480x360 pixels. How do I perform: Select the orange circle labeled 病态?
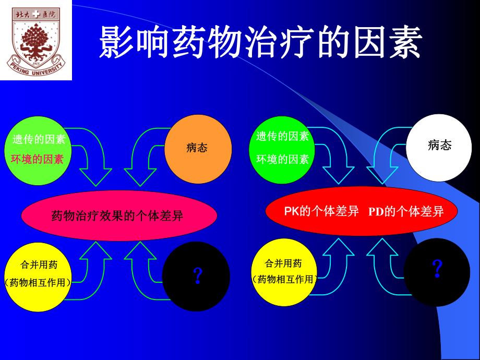coord(197,148)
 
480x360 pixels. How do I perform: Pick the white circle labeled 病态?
coord(439,146)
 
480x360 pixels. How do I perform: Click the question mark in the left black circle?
coord(197,275)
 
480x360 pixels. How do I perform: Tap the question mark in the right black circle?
coord(437,269)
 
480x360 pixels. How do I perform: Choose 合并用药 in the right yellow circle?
coord(283,263)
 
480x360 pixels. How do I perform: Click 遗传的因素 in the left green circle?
coord(39,140)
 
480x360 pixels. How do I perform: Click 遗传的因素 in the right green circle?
coord(282,137)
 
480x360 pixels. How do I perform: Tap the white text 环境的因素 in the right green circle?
coord(282,159)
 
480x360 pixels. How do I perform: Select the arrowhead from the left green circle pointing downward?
coord(97,178)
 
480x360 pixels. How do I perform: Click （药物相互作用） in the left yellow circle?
coord(38,282)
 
